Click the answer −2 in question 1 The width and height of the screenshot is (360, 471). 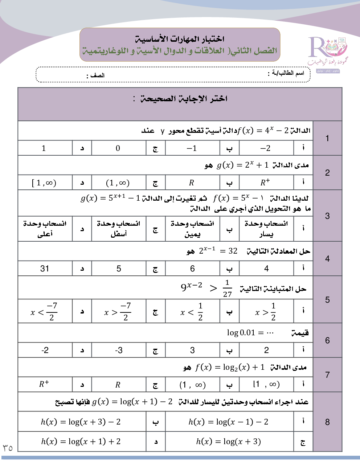click(x=266, y=148)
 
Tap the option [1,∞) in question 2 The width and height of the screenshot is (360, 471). click(x=44, y=183)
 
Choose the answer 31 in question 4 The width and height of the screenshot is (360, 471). click(x=45, y=269)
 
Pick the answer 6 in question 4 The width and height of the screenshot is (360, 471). click(x=192, y=269)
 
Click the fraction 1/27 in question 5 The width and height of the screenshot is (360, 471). click(x=227, y=288)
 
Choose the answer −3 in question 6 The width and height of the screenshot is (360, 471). click(x=119, y=350)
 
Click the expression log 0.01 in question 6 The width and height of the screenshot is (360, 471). click(x=241, y=333)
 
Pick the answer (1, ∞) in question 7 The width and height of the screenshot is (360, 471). click(x=192, y=385)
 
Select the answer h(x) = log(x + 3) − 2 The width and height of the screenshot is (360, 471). click(x=81, y=422)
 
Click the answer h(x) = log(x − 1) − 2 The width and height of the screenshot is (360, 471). click(x=228, y=422)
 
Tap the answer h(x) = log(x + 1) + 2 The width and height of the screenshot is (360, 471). click(x=81, y=442)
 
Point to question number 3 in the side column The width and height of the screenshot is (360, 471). click(x=327, y=216)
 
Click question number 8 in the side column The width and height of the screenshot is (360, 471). click(x=327, y=422)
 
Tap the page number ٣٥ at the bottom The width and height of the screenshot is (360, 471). click(x=8, y=448)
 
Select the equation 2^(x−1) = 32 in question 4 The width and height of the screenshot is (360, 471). click(x=218, y=251)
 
